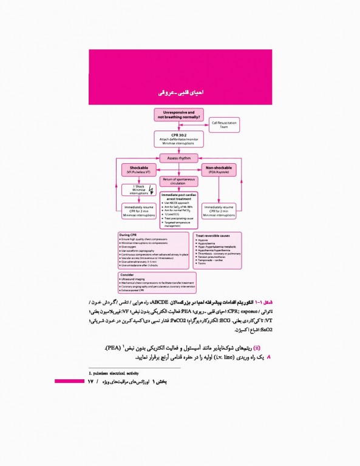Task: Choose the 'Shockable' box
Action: pos(138,170)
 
